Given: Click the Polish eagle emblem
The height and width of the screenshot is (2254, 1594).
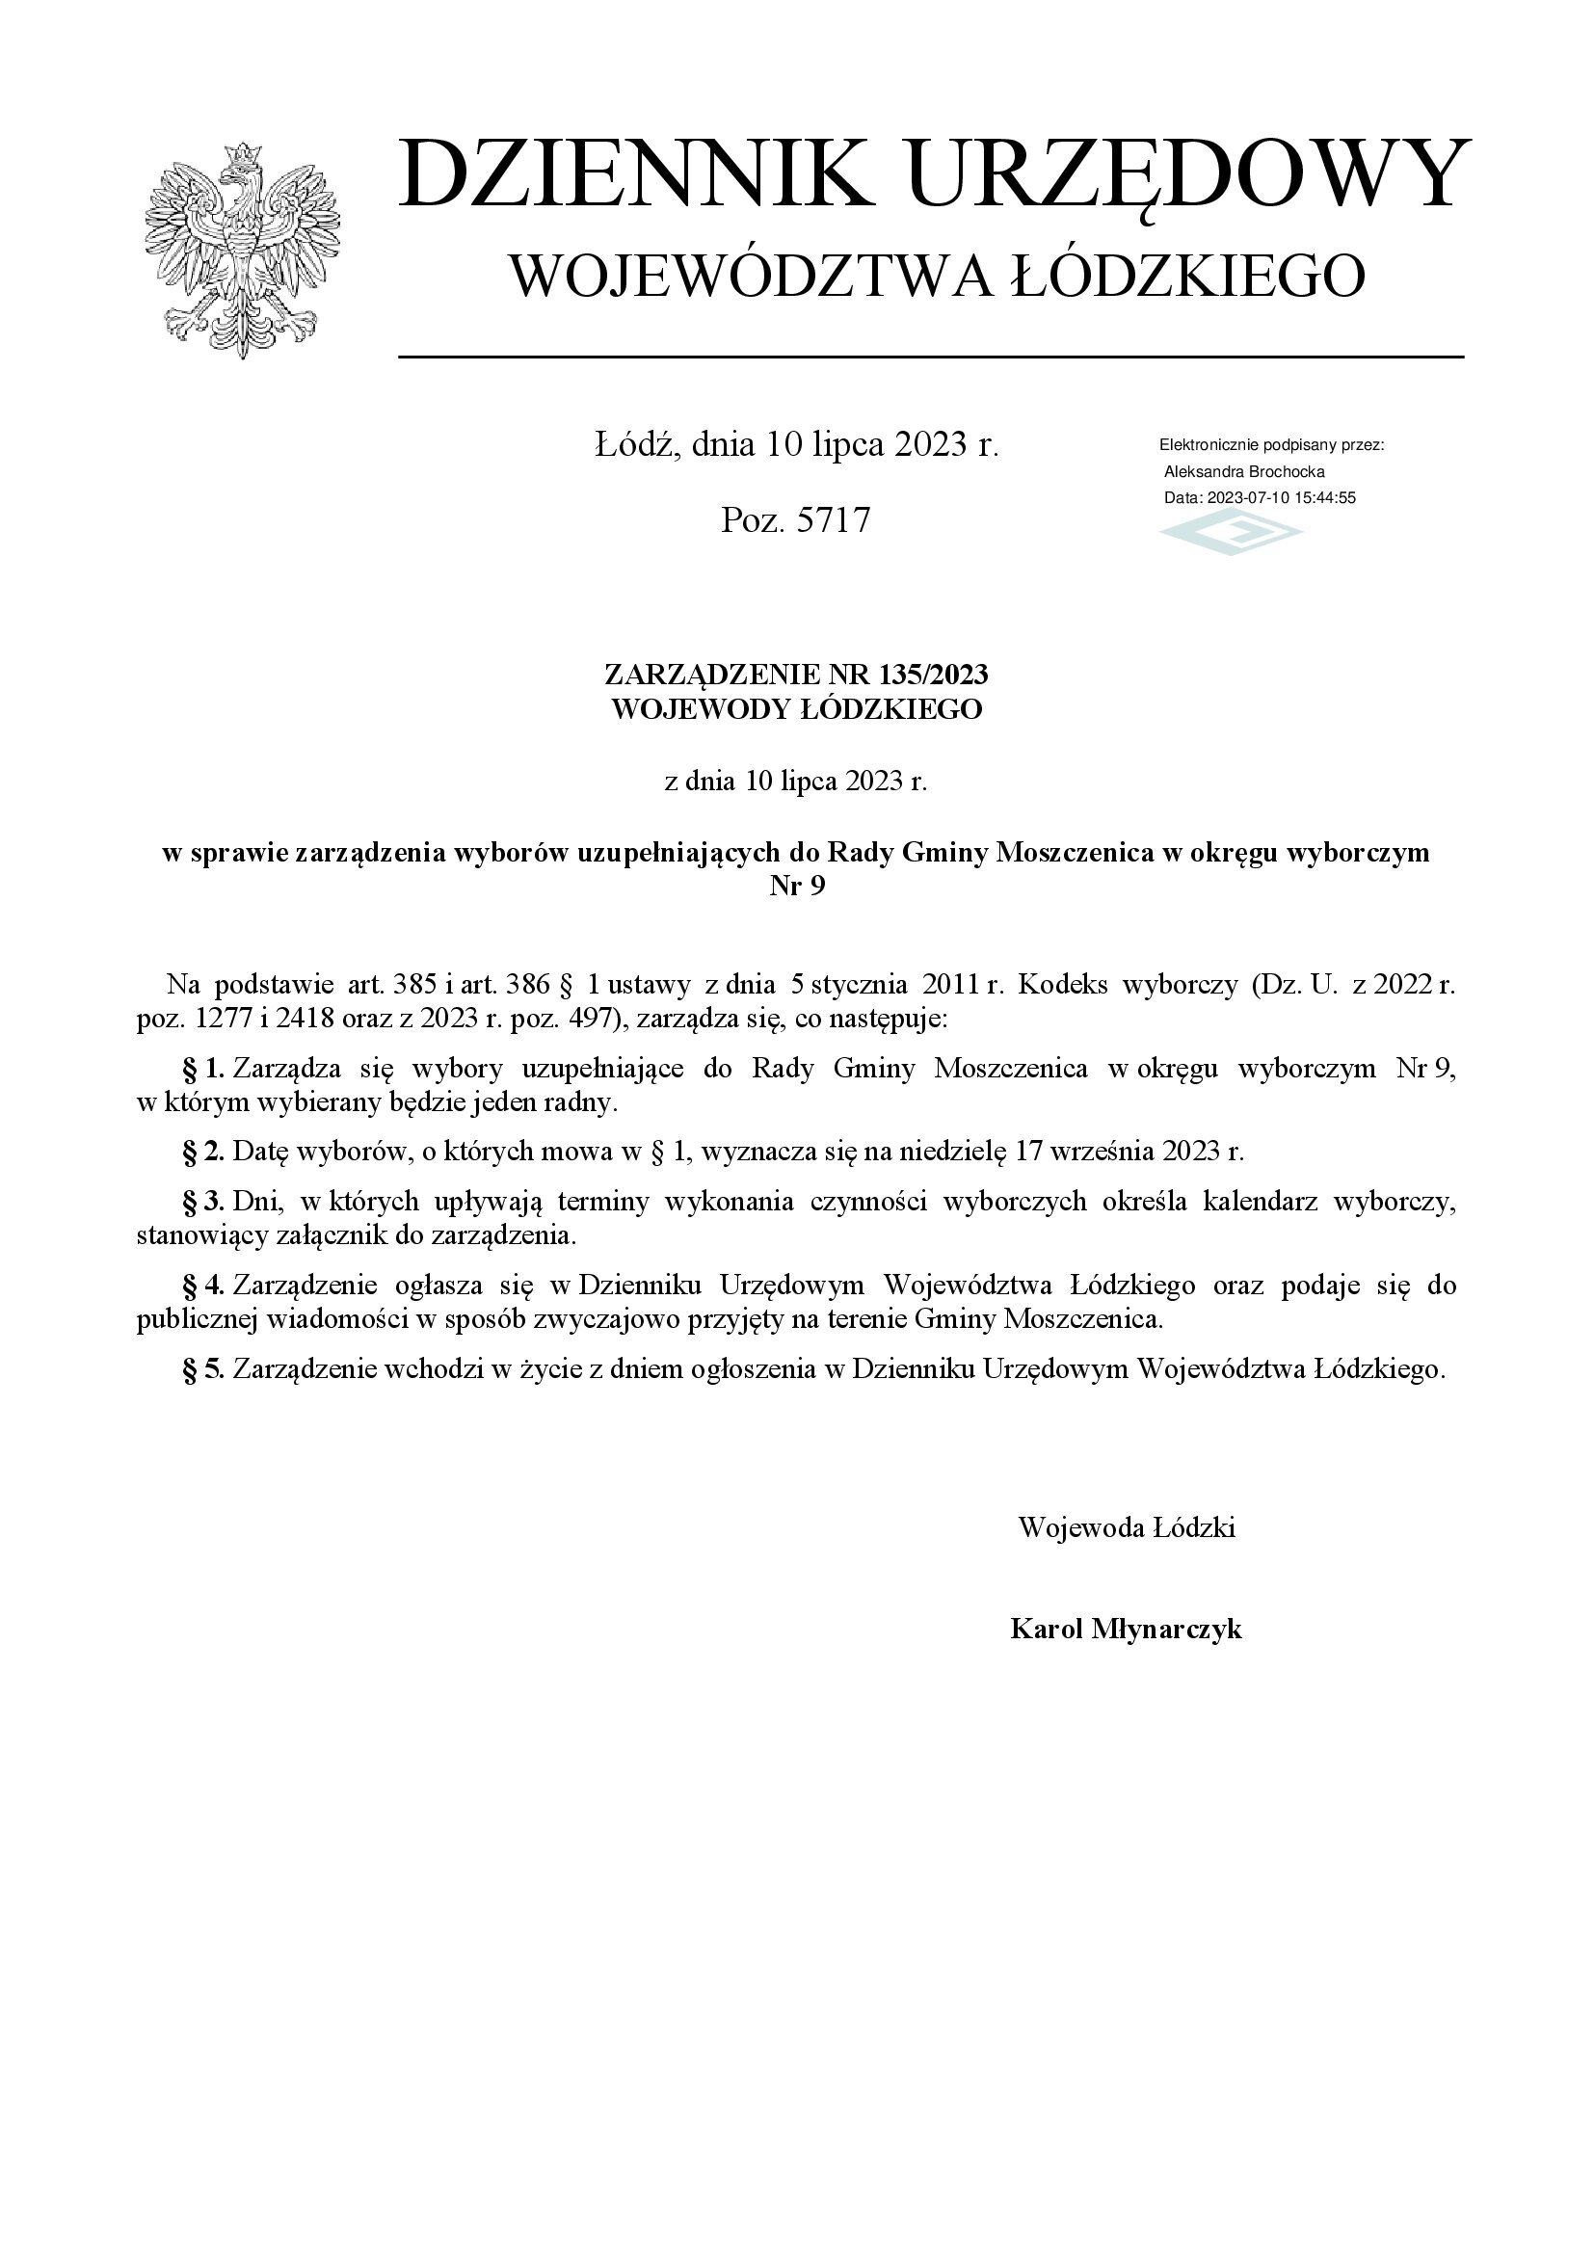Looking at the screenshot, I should pyautogui.click(x=242, y=250).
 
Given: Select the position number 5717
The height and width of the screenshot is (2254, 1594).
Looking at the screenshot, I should pyautogui.click(x=834, y=519).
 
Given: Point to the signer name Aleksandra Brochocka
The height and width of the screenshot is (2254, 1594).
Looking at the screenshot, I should pyautogui.click(x=1243, y=471).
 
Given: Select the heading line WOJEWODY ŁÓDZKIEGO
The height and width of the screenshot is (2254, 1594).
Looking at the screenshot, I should pyautogui.click(x=796, y=709).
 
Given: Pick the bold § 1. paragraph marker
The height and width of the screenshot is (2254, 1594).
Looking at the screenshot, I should pyautogui.click(x=204, y=1069).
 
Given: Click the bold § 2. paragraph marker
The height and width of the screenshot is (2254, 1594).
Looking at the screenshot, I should pyautogui.click(x=204, y=1152).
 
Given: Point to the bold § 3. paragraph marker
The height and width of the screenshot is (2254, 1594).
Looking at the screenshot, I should pyautogui.click(x=204, y=1201).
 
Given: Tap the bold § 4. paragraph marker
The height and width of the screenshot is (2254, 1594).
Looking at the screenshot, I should pyautogui.click(x=204, y=1286).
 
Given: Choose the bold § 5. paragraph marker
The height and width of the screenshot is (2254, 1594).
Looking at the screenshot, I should pyautogui.click(x=204, y=1368).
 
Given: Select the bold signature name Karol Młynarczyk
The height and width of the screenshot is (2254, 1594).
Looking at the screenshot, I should pyautogui.click(x=1126, y=1630).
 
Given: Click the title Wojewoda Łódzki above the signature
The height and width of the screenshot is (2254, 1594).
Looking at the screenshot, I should pyautogui.click(x=1126, y=1527).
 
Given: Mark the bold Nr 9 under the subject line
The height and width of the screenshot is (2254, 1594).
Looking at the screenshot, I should pyautogui.click(x=796, y=887).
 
